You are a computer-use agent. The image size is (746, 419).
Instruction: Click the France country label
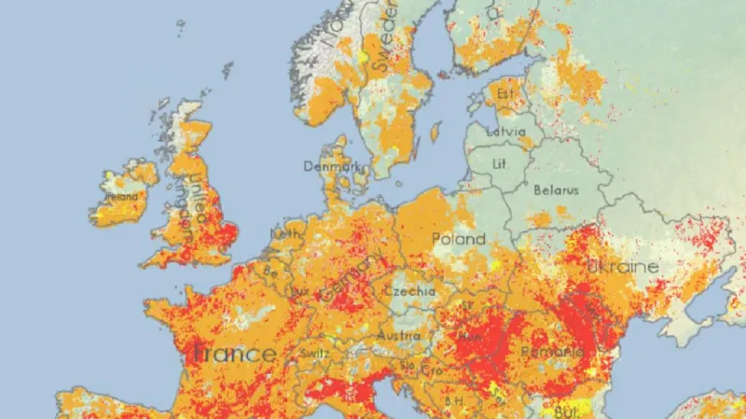(235, 354)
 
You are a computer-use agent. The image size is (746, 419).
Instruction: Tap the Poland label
(458, 239)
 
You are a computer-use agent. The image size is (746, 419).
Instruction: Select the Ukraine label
(623, 267)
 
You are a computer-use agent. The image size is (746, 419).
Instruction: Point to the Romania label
(553, 352)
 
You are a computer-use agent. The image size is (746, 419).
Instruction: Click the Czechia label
(409, 291)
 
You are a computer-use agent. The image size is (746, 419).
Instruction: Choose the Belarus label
(556, 189)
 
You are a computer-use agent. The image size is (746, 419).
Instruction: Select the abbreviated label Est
(505, 94)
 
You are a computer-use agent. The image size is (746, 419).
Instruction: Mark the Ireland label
(120, 197)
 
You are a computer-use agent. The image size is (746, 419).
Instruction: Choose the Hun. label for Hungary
(471, 335)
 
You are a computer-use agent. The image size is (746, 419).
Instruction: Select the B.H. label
(454, 400)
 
